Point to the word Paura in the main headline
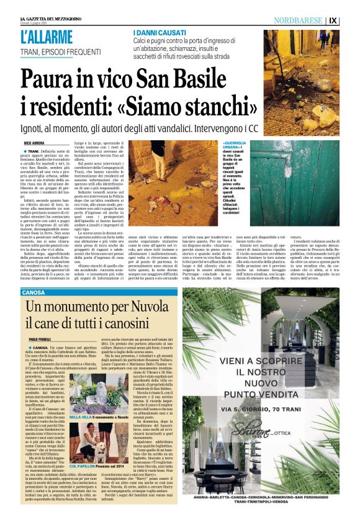coord(52,79)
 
